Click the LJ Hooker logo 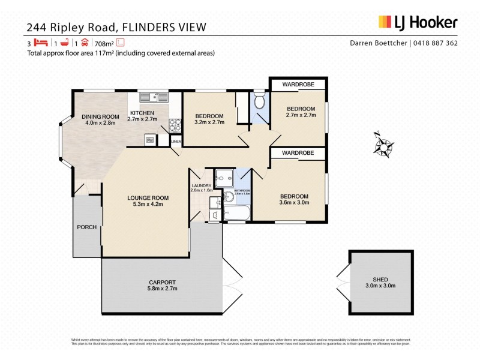pyautogui.click(x=418, y=22)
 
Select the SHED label pyautogui.click(x=380, y=279)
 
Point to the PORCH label pyautogui.click(x=86, y=227)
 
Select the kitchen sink pyautogui.click(x=154, y=97)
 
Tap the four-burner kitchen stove pyautogui.click(x=175, y=125)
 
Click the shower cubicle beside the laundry pyautogui.click(x=225, y=177)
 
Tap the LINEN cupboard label pyautogui.click(x=176, y=142)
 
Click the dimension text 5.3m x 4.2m pyautogui.click(x=147, y=205)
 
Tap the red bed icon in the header pyautogui.click(x=40, y=43)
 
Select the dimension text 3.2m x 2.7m pyautogui.click(x=209, y=122)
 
